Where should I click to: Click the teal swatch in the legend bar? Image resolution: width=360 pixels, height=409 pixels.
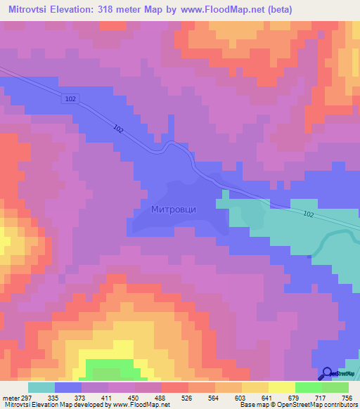pyautogui.click(x=41, y=387)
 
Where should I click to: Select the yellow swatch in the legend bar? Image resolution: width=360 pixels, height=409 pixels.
pyautogui.click(x=282, y=387)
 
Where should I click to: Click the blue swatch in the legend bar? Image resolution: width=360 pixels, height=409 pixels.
pyautogui.click(x=68, y=387)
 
